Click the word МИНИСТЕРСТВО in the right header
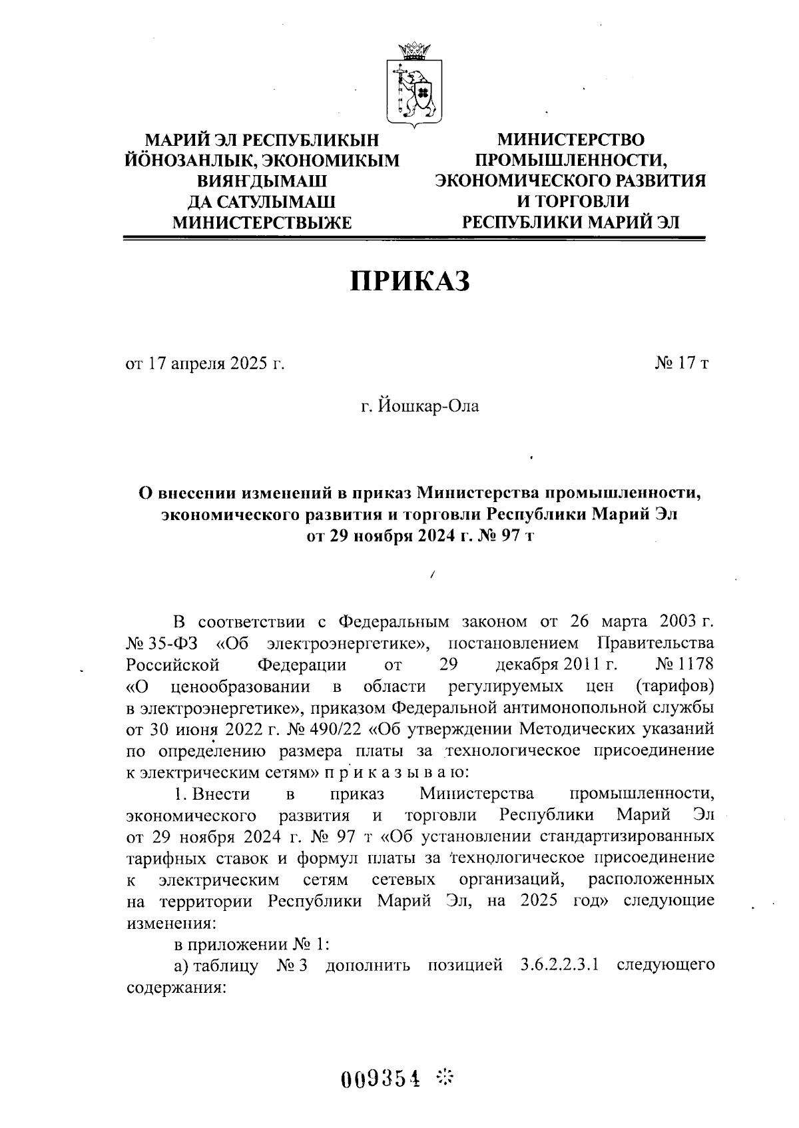click(x=571, y=140)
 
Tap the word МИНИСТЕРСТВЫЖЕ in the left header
click(x=262, y=222)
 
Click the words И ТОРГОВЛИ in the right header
click(x=571, y=202)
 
